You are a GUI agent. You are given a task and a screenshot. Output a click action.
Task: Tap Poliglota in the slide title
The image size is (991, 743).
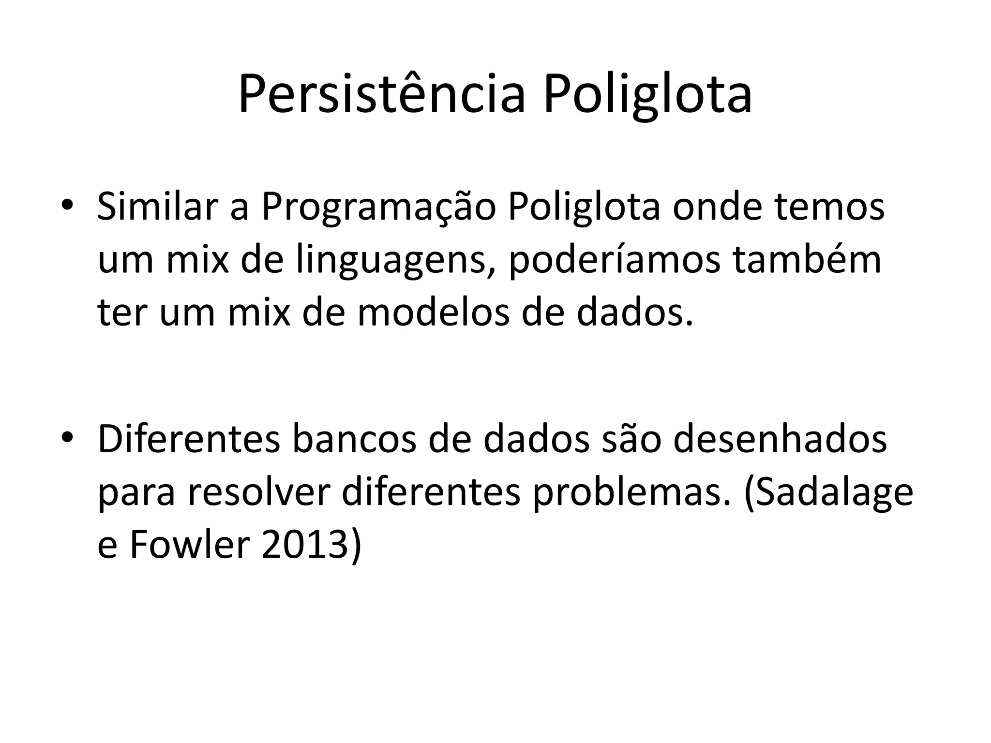[647, 94]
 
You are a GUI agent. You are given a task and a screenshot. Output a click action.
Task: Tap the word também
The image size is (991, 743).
[807, 260]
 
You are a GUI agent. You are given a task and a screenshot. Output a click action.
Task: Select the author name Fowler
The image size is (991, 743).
[190, 545]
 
